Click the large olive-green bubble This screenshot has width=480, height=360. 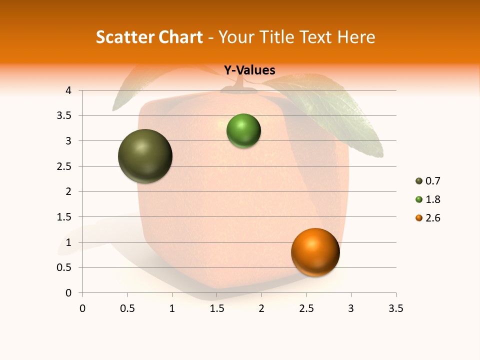145,156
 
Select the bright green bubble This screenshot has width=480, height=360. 243,131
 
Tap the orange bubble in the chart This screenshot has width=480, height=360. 315,252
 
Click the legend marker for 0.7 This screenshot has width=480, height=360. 419,181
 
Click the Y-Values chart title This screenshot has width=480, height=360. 249,70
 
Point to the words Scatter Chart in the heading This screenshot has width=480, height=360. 149,37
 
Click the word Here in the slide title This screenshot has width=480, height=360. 356,37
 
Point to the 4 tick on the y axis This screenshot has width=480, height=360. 68,90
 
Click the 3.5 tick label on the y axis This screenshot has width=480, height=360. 64,115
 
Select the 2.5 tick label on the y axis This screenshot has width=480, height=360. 64,166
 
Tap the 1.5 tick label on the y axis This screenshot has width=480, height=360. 64,217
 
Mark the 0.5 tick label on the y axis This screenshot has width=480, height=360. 64,267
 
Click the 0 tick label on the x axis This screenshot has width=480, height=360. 82,308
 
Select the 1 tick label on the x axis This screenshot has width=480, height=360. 172,308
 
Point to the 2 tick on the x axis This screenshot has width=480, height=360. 261,308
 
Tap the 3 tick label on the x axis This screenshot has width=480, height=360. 351,308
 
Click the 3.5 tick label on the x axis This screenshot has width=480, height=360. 395,308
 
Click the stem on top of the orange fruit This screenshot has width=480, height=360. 244,85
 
